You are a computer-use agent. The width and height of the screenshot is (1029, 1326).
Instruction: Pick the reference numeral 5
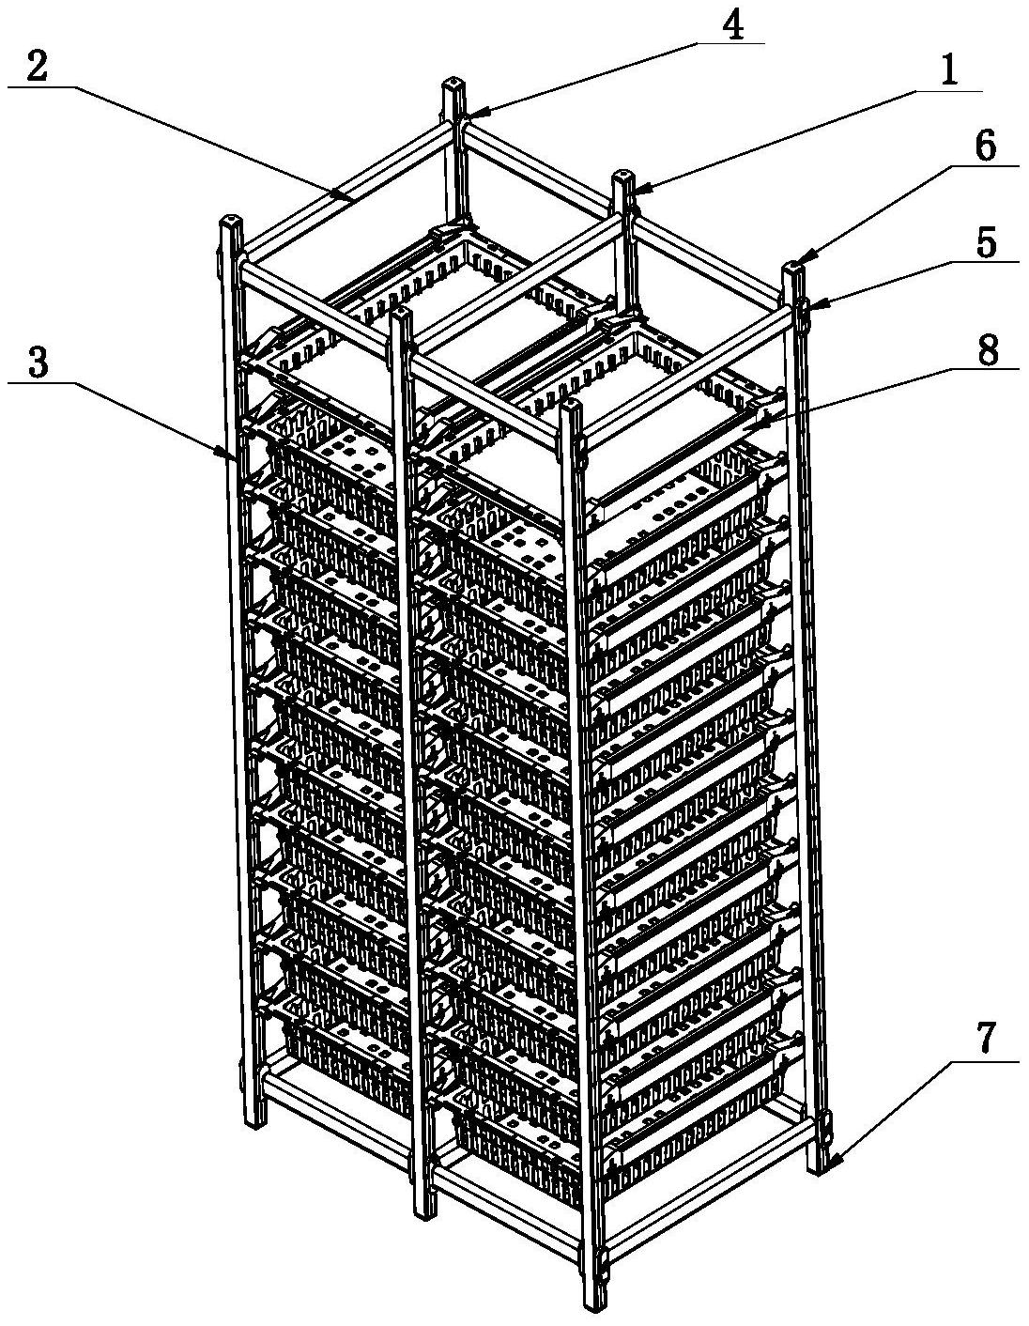tap(985, 243)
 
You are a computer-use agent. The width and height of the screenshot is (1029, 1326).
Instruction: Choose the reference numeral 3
tap(38, 364)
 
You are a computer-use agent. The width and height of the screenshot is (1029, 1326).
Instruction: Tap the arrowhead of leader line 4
tap(468, 114)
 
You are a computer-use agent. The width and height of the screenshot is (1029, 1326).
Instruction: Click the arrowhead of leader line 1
tap(635, 191)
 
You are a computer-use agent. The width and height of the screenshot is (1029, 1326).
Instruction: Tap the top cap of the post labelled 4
tap(452, 82)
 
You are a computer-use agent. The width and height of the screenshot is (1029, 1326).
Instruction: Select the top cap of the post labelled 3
tap(229, 220)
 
